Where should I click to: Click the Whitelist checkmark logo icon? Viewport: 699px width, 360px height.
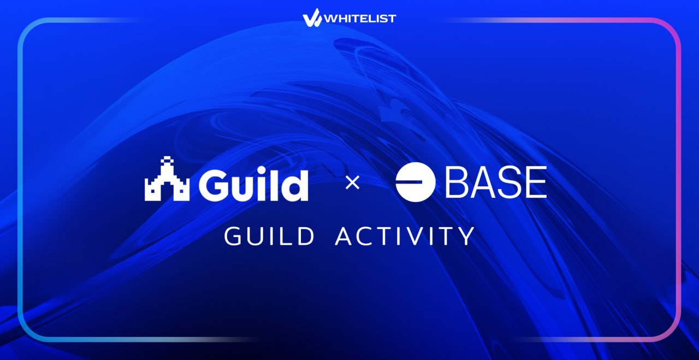click(x=312, y=17)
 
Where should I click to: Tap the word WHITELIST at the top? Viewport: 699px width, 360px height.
click(x=360, y=19)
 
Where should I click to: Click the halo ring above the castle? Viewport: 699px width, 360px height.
click(x=167, y=161)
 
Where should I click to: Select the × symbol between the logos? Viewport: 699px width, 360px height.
click(x=353, y=182)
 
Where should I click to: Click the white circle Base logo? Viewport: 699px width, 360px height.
click(x=416, y=182)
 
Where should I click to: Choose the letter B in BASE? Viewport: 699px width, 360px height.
click(x=458, y=182)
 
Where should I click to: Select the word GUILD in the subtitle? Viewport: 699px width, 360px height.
click(x=269, y=236)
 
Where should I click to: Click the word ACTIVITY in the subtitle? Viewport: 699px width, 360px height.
click(x=405, y=236)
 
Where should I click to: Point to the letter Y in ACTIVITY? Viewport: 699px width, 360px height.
click(x=466, y=236)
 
